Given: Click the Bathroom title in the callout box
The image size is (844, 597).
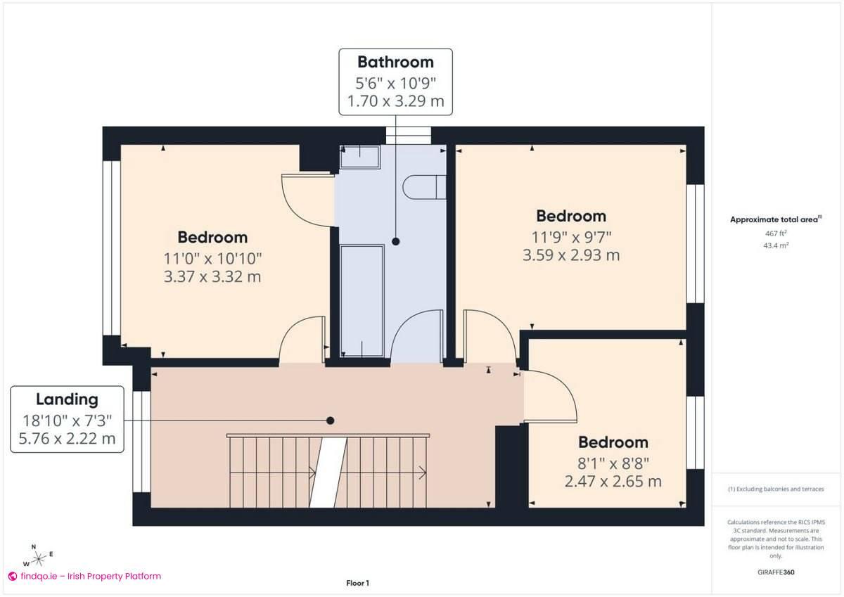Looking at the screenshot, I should [x=395, y=62].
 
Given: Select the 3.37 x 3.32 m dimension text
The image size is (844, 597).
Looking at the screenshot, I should [x=212, y=276].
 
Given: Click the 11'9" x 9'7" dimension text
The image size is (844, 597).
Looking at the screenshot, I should [x=570, y=237].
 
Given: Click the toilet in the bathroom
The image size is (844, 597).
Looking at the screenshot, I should [x=424, y=187].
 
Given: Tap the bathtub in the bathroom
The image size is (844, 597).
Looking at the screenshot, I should [x=362, y=299].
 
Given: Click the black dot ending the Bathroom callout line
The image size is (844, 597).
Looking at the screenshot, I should [x=395, y=241].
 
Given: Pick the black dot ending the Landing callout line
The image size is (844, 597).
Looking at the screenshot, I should [x=330, y=421].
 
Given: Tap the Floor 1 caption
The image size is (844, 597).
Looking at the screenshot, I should [x=357, y=583].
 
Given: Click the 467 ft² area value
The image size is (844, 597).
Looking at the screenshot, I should [x=775, y=233].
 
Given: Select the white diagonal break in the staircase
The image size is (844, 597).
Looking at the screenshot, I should [x=328, y=471].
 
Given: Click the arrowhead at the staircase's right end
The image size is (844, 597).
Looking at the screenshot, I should [x=423, y=471].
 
